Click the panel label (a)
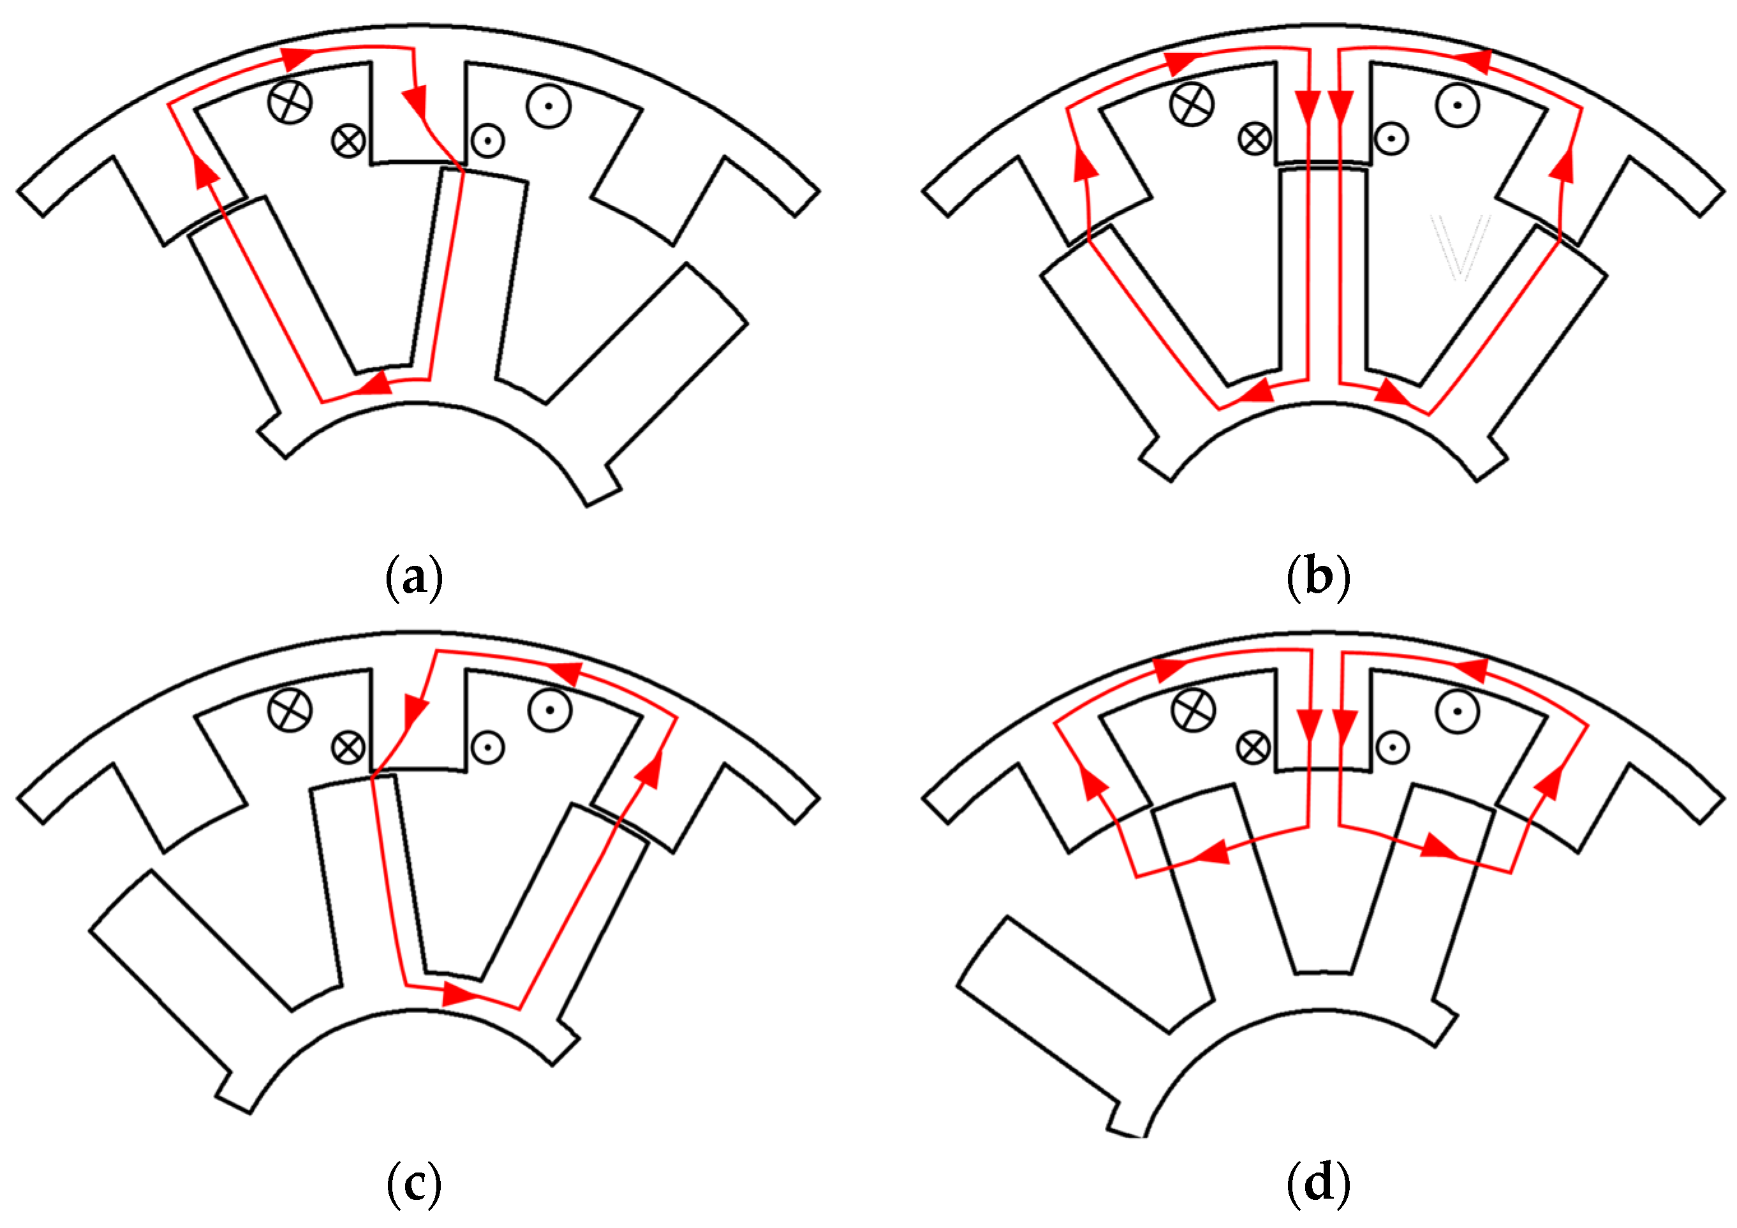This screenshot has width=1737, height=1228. tap(414, 579)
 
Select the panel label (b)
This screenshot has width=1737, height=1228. tap(1318, 579)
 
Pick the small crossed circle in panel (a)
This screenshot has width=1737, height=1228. tap(349, 141)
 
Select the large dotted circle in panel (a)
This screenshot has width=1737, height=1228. tap(549, 106)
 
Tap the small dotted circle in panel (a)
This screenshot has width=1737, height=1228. tap(488, 141)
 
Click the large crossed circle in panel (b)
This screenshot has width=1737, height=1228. tap(1192, 103)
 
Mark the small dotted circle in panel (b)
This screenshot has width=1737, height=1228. tap(1391, 139)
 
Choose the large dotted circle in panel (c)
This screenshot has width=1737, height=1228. tap(550, 711)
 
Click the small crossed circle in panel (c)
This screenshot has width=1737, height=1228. tap(349, 748)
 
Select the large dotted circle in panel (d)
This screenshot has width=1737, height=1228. tap(1457, 711)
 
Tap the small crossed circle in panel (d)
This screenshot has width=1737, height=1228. tap(1253, 748)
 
